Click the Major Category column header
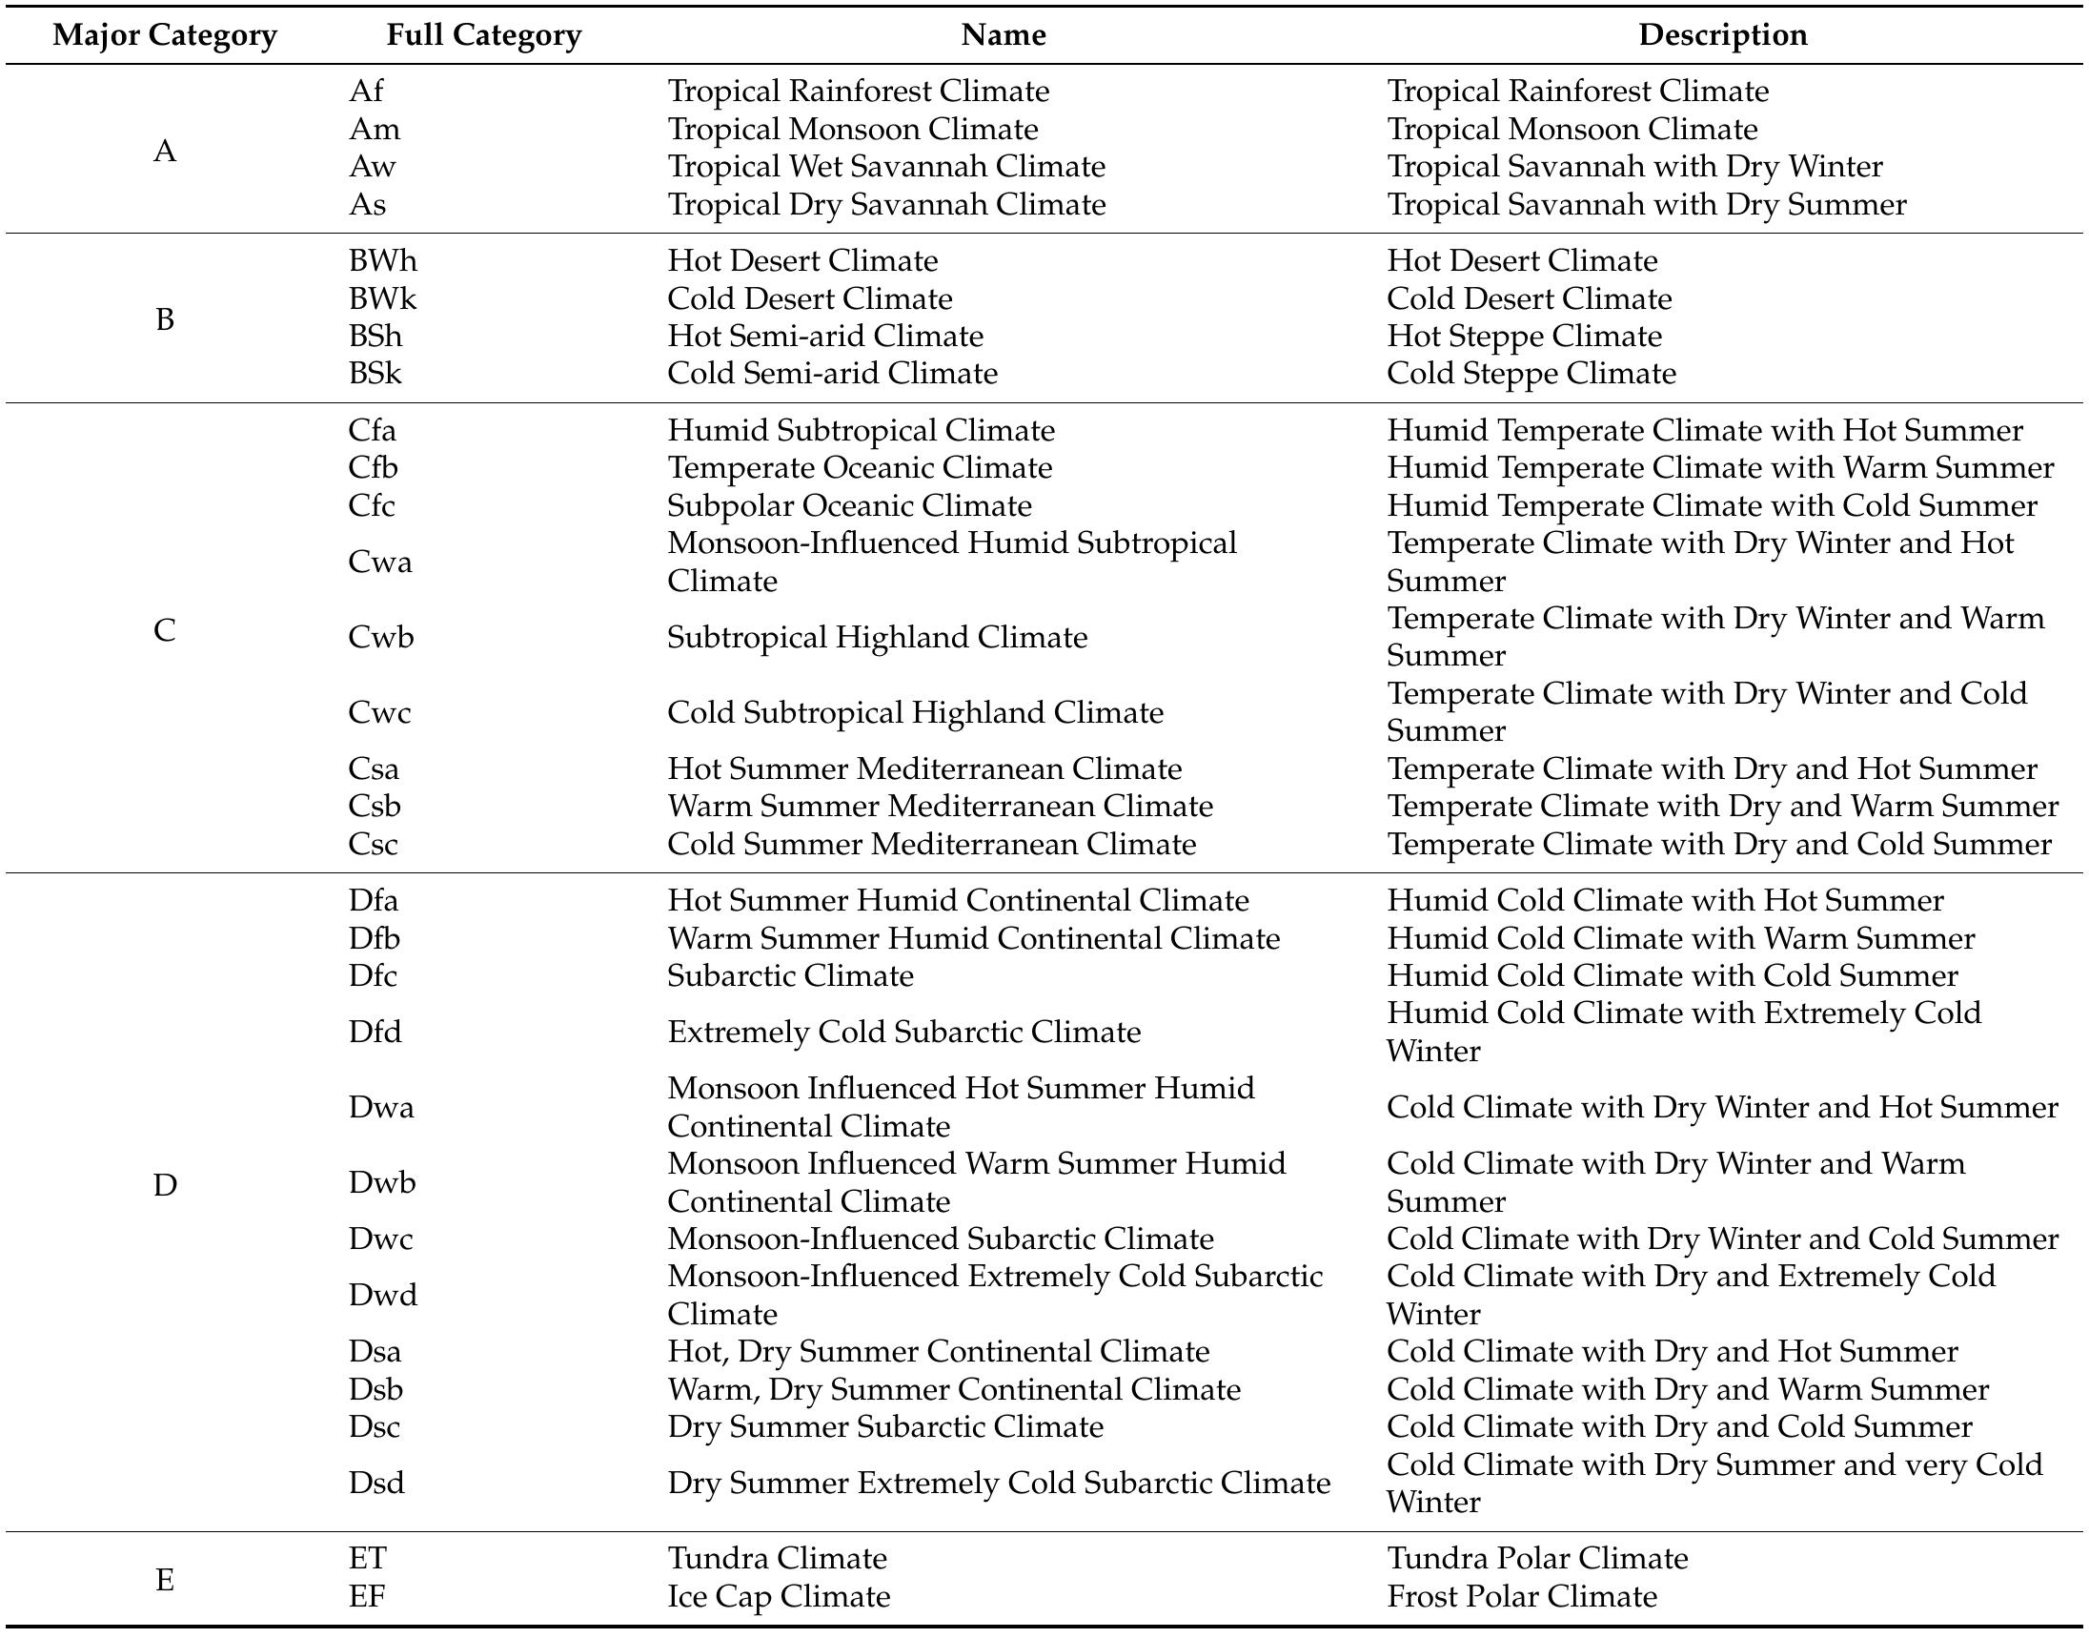coord(164,35)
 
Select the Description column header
coord(1722,35)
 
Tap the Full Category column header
coord(483,35)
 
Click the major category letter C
coord(164,631)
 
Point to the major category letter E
coord(164,1579)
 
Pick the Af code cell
coord(365,92)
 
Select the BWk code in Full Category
coord(381,299)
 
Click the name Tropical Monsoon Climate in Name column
coord(852,130)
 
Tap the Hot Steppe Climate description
coord(1523,337)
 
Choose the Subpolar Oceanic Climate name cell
coord(849,505)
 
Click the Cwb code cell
coord(380,637)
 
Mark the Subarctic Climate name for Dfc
coord(790,975)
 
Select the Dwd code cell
coord(382,1295)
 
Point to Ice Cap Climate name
coord(779,1596)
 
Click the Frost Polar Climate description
coord(1521,1596)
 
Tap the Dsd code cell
coord(375,1483)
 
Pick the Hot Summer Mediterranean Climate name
coord(924,768)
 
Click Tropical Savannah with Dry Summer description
coord(1646,204)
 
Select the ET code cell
coord(367,1559)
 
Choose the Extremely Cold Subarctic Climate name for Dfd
coord(903,1032)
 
